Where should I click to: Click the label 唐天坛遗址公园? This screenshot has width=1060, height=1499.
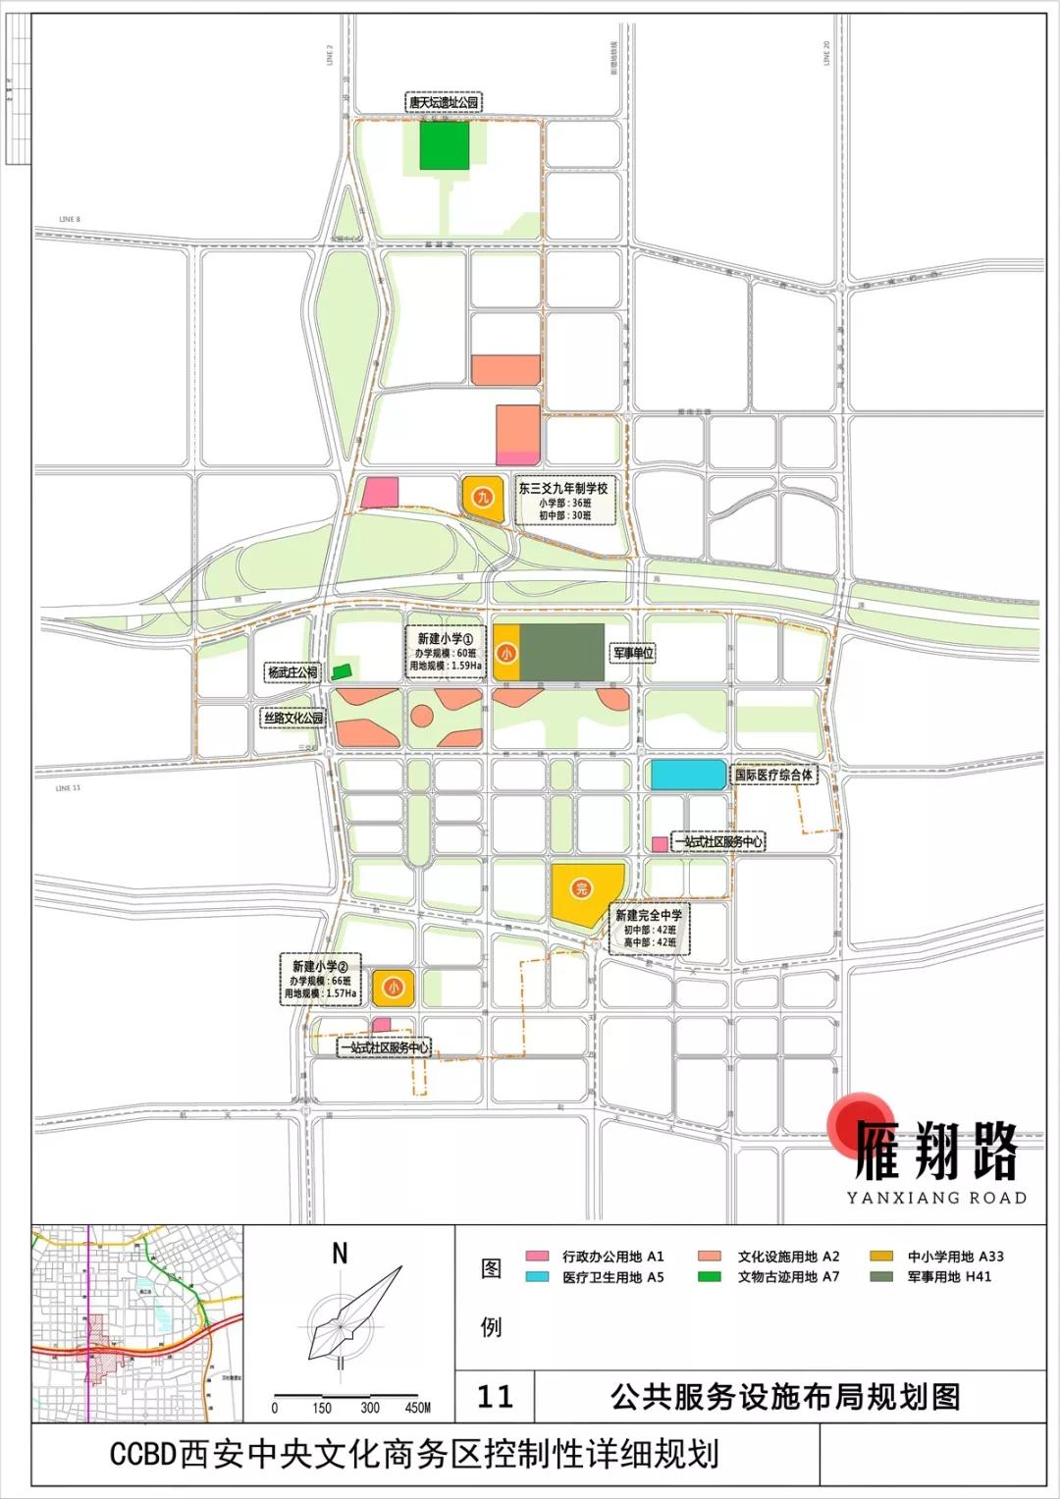tap(444, 102)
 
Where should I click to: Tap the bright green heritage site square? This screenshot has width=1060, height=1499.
tap(445, 145)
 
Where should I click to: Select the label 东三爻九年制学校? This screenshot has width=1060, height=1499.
tap(563, 488)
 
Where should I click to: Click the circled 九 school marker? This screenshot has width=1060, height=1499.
tap(482, 497)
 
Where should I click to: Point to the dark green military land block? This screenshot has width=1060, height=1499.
tap(561, 652)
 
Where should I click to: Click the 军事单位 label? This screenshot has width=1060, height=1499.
tap(633, 653)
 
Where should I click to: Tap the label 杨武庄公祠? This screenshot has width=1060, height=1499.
tap(292, 672)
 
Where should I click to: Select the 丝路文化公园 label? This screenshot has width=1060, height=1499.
tap(292, 718)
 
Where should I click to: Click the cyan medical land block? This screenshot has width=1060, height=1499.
tap(688, 775)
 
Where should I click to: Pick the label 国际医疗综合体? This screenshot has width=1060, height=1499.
tap(774, 775)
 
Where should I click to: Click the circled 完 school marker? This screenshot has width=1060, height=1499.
tap(581, 889)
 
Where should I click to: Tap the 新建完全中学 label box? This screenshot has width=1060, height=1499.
tap(649, 929)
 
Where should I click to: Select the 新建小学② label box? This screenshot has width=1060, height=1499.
tap(320, 980)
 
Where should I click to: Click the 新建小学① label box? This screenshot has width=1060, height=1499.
tap(446, 652)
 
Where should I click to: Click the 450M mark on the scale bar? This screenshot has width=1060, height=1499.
tap(418, 1408)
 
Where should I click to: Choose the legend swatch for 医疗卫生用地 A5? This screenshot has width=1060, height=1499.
tap(537, 1277)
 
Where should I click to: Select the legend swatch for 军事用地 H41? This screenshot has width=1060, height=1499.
tap(881, 1277)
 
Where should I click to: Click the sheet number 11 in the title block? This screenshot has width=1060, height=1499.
tap(495, 1396)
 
